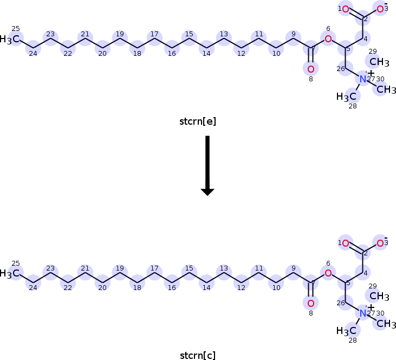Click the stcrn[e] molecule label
(198, 121)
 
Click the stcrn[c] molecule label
(198, 356)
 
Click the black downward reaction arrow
(207, 165)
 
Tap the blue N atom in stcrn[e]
(363, 80)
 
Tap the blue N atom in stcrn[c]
(363, 313)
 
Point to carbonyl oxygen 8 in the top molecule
(310, 69)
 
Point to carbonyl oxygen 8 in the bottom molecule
(310, 303)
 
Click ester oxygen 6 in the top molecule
(328, 38)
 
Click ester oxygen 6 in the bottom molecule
(328, 273)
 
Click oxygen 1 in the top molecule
(346, 9)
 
